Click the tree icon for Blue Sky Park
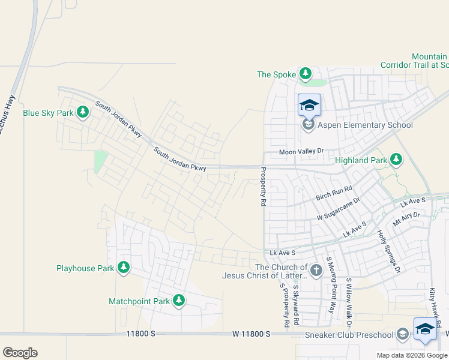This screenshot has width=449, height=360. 83,112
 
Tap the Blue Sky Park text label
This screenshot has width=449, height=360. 48,113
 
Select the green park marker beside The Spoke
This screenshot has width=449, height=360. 306,74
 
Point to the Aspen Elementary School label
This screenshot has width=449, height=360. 366,125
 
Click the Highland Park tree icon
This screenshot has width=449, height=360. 396,159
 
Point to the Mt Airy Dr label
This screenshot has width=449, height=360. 406,218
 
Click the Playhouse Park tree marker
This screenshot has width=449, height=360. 124,267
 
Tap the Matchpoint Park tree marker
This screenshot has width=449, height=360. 178,300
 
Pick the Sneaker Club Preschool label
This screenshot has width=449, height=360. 349,334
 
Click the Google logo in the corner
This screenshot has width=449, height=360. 20,353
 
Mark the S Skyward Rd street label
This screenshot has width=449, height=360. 296,305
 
